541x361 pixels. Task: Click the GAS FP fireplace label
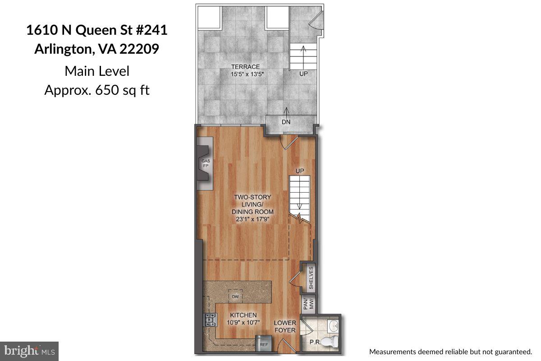[x=206, y=163]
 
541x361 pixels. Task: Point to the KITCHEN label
[x=243, y=315]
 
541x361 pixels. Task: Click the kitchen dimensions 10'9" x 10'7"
[x=243, y=322]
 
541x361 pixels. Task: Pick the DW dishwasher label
[x=235, y=296]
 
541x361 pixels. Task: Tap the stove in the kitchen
[x=210, y=320]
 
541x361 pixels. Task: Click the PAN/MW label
[x=308, y=304]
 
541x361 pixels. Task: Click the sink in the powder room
[x=333, y=325]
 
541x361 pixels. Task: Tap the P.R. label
[x=315, y=342]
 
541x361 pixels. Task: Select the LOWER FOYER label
[x=285, y=326]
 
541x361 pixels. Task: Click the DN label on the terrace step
[x=286, y=122]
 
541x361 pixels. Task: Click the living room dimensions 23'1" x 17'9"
[x=252, y=219]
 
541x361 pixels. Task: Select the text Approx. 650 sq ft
[x=97, y=90]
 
